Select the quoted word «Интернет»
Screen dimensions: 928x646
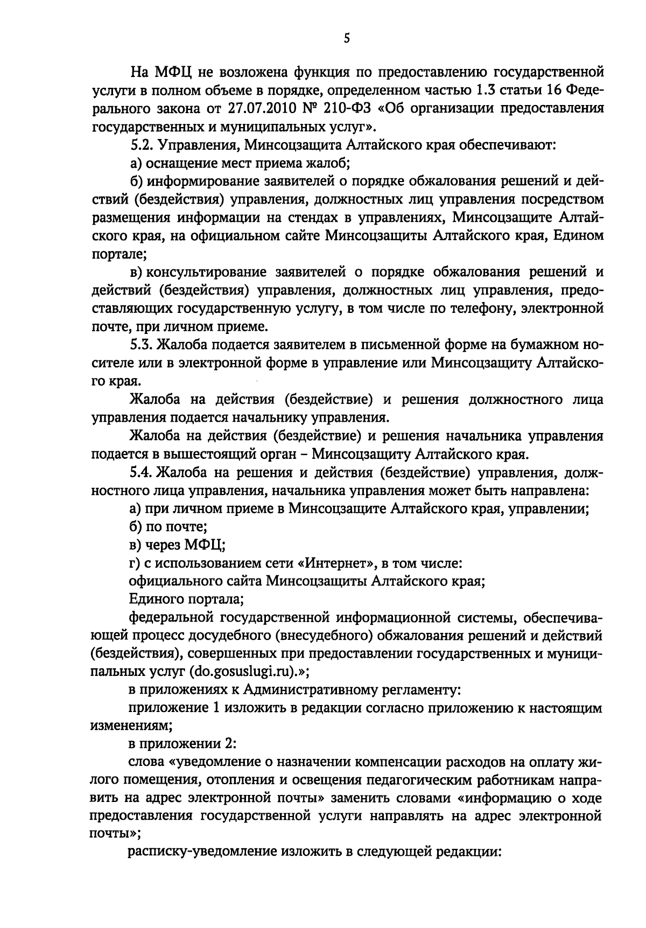336,563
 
